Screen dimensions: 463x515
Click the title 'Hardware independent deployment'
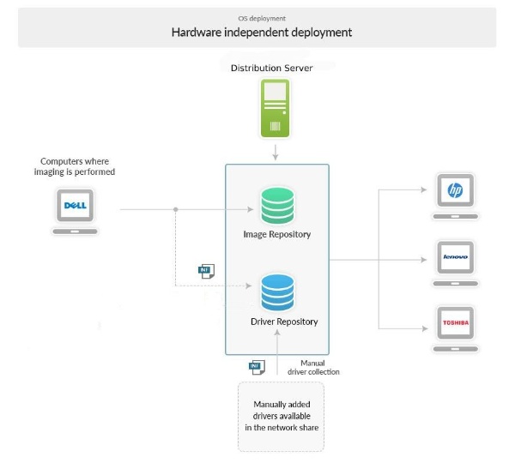pyautogui.click(x=261, y=33)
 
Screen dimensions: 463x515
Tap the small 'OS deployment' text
pyautogui.click(x=262, y=17)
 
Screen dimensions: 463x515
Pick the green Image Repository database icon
pyautogui.click(x=276, y=207)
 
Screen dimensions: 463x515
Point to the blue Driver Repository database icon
pyautogui.click(x=277, y=293)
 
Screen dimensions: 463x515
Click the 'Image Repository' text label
pyautogui.click(x=277, y=234)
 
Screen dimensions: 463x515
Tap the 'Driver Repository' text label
pyautogui.click(x=284, y=322)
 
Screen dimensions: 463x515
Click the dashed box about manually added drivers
pyautogui.click(x=282, y=416)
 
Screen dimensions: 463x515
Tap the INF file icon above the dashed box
pyautogui.click(x=256, y=366)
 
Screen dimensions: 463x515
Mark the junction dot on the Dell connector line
pyautogui.click(x=176, y=208)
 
